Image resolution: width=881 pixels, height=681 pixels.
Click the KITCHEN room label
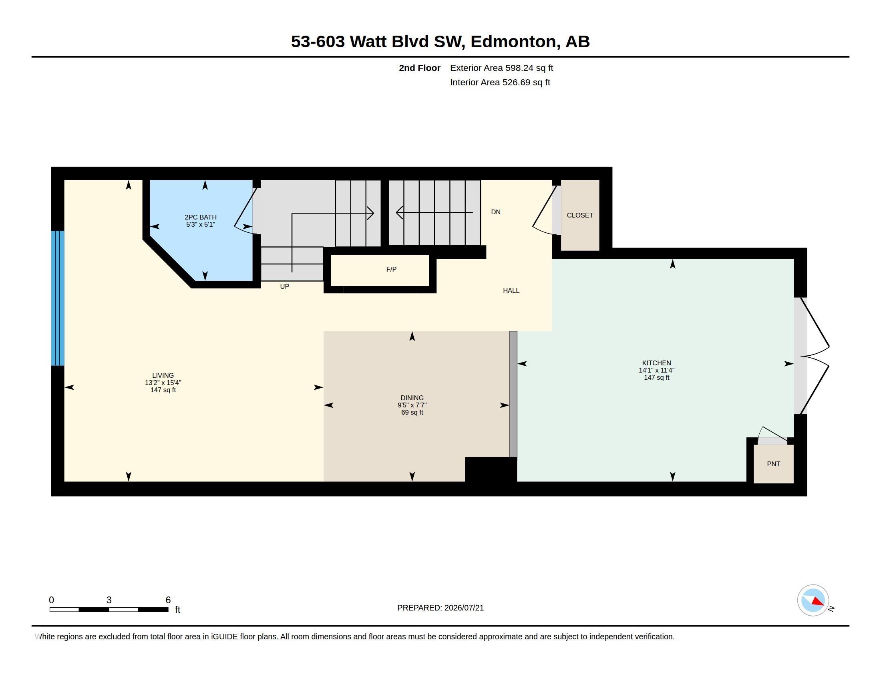(656, 363)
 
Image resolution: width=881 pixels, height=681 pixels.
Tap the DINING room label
(412, 398)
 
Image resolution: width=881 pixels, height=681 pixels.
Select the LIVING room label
(163, 375)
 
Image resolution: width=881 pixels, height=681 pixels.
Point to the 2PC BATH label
(201, 217)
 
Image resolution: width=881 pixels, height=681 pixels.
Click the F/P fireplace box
(380, 270)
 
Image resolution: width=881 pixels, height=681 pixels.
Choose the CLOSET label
(580, 215)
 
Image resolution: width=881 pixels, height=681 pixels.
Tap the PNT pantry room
(773, 463)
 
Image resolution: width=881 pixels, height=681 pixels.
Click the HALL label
(511, 290)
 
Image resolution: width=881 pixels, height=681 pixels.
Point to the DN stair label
(496, 212)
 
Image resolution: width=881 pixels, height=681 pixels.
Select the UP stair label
(284, 286)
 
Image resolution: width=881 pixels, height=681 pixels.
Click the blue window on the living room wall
(58, 298)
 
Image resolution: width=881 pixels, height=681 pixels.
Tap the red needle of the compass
(818, 601)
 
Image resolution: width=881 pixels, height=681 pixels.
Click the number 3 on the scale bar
(109, 600)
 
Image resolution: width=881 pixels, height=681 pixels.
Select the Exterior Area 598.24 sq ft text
(501, 68)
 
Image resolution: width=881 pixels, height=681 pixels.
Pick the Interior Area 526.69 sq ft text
(500, 82)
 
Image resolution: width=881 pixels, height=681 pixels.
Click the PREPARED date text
(440, 608)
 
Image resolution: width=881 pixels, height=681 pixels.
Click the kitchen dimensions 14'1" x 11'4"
(656, 370)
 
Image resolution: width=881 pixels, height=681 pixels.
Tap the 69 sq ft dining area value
(412, 412)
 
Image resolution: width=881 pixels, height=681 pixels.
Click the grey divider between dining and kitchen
(513, 394)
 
